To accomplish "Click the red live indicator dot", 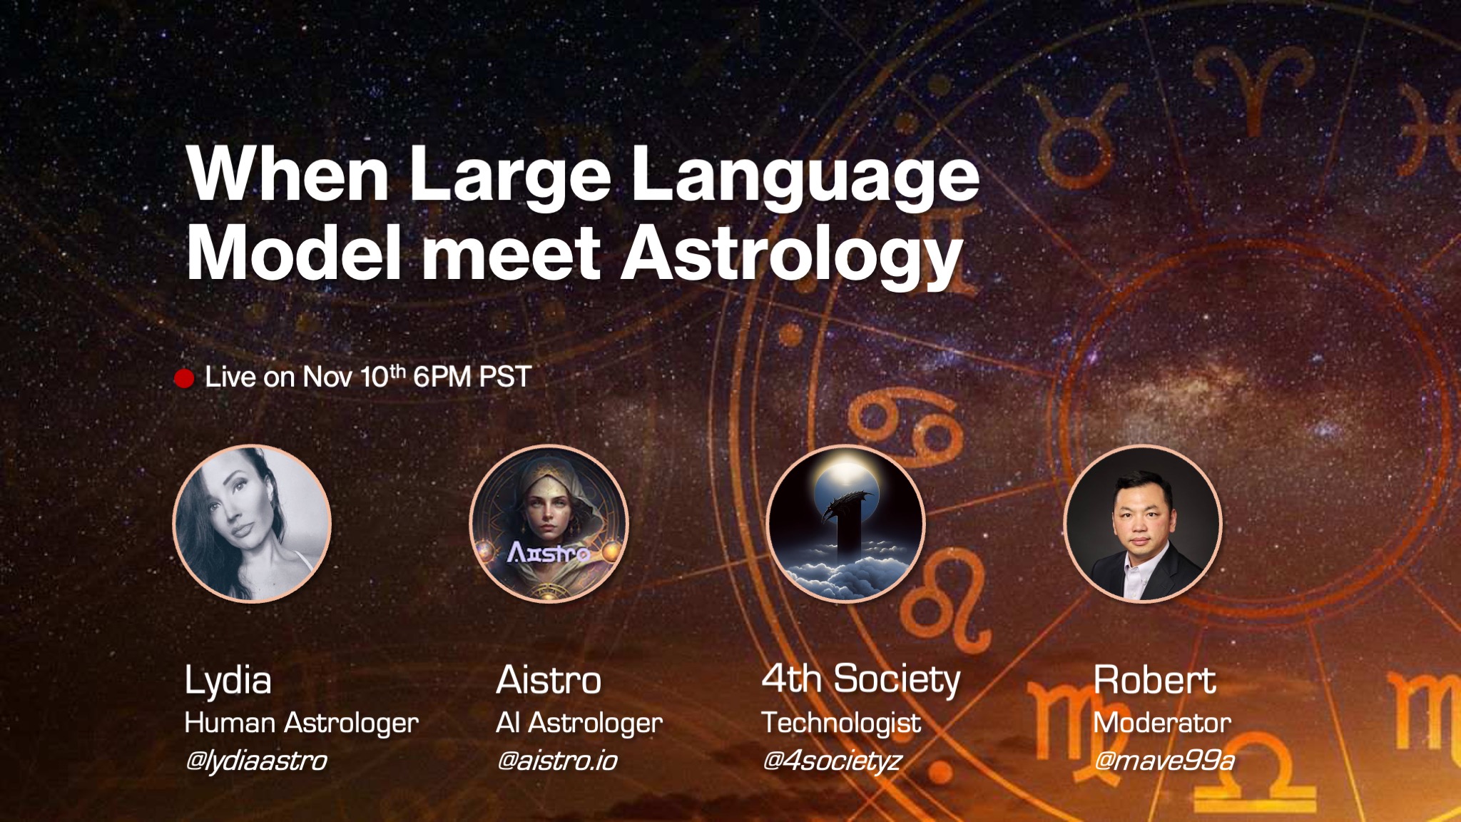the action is [184, 378].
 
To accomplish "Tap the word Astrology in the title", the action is [792, 256].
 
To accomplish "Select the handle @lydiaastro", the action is [256, 761].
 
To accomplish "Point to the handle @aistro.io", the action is [557, 761].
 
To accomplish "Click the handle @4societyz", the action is [832, 761].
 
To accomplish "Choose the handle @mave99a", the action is [1164, 761].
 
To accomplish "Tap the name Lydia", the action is [228, 681].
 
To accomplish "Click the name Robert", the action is [1155, 679].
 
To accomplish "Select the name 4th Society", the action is [861, 679].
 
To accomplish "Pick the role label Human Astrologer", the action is [302, 724].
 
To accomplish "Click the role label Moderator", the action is [1163, 723].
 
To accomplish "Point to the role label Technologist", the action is [841, 724].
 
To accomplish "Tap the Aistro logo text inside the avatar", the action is [549, 552].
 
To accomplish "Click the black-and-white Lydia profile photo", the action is [252, 524].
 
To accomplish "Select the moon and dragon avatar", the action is [845, 524].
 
